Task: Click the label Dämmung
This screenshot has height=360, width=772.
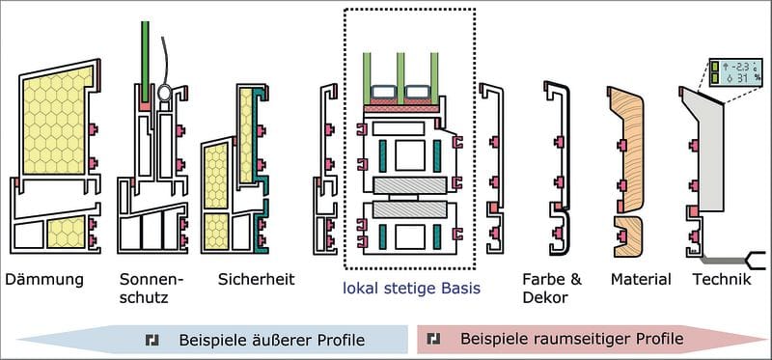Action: pos(44,280)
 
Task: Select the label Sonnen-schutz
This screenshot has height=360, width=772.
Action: pos(152,289)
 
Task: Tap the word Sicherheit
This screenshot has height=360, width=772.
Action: pos(257,279)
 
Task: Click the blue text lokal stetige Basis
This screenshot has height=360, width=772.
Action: pos(412,289)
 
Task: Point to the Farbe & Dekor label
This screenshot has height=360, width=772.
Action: pos(552,289)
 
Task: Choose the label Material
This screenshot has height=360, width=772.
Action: pos(641,280)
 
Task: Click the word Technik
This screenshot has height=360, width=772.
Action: pos(722,280)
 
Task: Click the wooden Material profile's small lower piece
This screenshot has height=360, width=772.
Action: pos(629,236)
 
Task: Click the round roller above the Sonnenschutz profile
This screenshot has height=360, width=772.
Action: pos(164,92)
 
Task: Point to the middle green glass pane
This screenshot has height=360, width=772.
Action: pos(400,78)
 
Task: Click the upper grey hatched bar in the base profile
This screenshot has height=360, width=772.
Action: pos(409,185)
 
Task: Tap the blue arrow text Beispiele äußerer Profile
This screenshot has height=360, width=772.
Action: pos(272,340)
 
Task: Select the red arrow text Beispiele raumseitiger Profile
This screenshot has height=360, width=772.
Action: pos(572,339)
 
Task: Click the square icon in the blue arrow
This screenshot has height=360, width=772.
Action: pos(152,340)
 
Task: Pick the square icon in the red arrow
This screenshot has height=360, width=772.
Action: pos(433,339)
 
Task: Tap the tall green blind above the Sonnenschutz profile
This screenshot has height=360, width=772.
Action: pos(145,62)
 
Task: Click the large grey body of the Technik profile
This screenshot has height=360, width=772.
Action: pos(704,152)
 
